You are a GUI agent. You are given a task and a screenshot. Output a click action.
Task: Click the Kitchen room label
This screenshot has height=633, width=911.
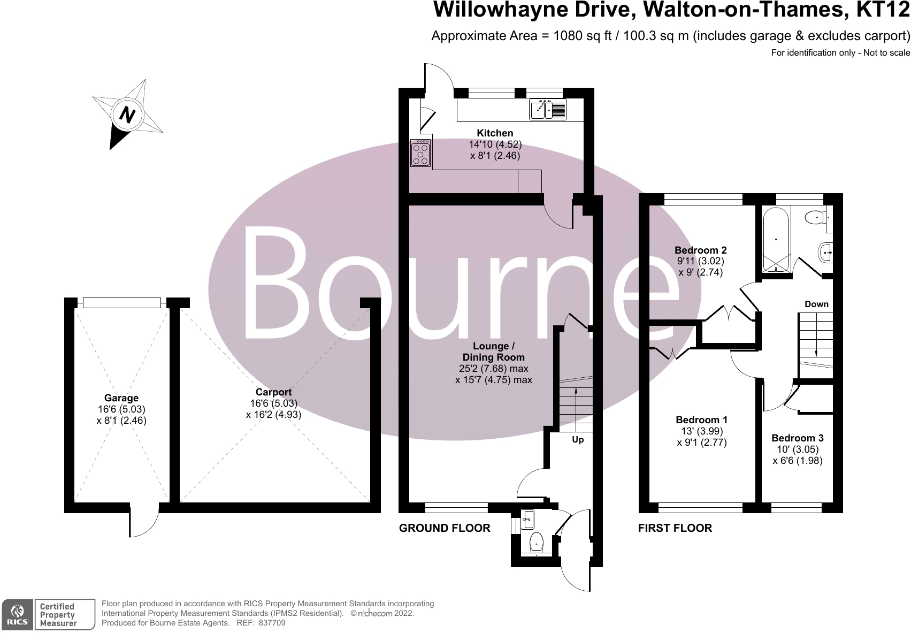tap(495, 133)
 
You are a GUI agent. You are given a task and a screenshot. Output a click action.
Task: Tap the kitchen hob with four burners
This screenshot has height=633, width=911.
tap(421, 153)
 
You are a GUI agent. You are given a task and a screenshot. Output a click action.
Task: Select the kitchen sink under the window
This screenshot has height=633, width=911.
tap(548, 110)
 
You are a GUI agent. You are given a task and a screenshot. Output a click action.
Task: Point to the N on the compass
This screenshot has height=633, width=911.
tap(127, 115)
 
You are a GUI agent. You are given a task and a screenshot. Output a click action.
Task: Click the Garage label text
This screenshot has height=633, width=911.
tap(121, 398)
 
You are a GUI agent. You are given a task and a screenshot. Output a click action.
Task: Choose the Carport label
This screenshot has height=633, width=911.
tap(273, 392)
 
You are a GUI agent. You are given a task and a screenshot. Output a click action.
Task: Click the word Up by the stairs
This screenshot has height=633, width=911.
tap(578, 440)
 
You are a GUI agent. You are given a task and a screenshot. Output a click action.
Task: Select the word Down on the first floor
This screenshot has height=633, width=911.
tap(816, 304)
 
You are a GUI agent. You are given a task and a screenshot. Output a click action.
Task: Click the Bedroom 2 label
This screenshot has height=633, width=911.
tap(700, 250)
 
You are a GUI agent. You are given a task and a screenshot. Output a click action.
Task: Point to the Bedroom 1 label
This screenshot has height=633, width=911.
tap(701, 420)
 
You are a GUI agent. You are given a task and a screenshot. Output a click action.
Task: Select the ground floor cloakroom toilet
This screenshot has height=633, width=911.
tap(537, 542)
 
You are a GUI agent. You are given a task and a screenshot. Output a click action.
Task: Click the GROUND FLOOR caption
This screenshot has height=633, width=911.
tap(445, 529)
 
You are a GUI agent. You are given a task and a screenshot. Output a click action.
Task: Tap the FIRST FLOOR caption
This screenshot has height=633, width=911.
tap(675, 529)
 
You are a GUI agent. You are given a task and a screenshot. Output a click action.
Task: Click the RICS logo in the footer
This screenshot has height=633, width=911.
tap(18, 615)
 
